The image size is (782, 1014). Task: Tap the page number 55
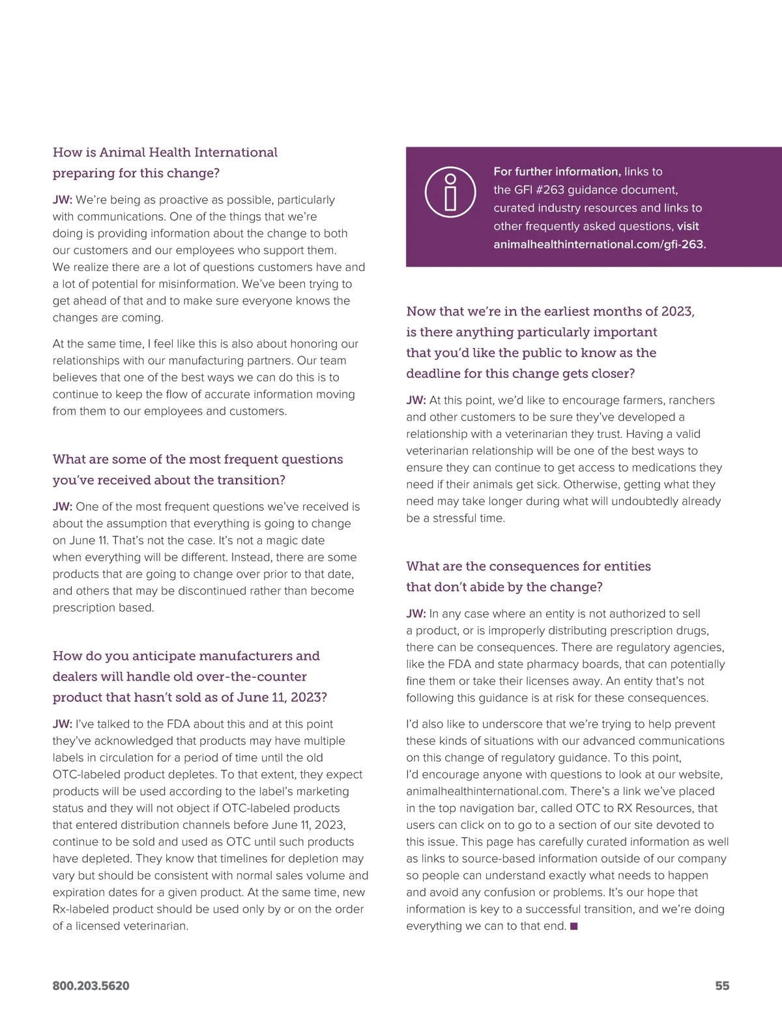coord(722,986)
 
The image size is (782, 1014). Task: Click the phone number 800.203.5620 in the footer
coord(91,986)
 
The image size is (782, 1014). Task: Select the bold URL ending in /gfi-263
coord(600,244)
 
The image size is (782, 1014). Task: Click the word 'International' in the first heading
coord(235,152)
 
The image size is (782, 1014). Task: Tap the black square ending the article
coord(573,926)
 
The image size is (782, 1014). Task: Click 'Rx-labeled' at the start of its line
coord(82,909)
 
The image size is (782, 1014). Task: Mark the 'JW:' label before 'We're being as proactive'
coord(63,199)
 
